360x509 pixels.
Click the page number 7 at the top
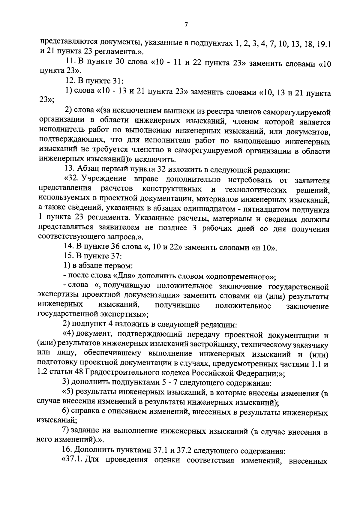coord(186,25)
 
